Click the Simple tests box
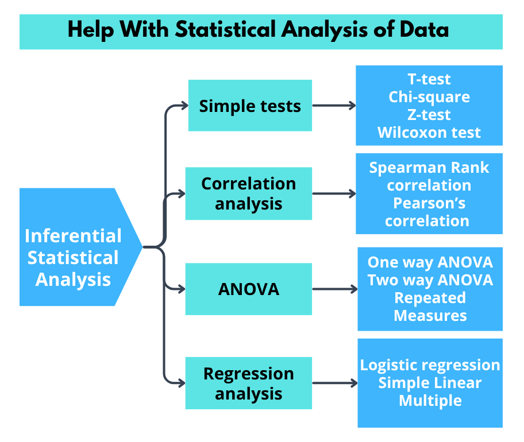[x=250, y=106]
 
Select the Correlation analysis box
[x=248, y=193]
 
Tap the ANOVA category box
[x=248, y=289]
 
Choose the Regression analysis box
[x=248, y=383]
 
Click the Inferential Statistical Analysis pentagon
[x=74, y=258]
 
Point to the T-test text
[x=429, y=79]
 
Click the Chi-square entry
[x=429, y=97]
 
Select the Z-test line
[x=429, y=115]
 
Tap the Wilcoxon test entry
[x=429, y=133]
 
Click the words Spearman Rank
[x=429, y=168]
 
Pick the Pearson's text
[x=429, y=203]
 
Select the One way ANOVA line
[x=430, y=262]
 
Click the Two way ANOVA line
[x=430, y=280]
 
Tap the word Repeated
[x=430, y=298]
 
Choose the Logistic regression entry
[x=430, y=365]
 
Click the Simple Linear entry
[x=430, y=383]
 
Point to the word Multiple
[x=430, y=401]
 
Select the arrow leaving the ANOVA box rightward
[x=334, y=289]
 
